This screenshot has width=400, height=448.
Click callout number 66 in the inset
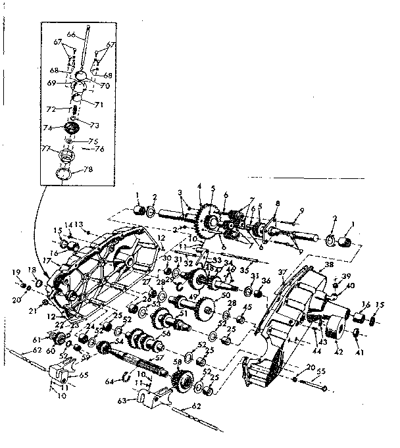(71, 34)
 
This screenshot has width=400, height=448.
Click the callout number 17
(47, 260)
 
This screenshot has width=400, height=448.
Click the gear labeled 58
(180, 380)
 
